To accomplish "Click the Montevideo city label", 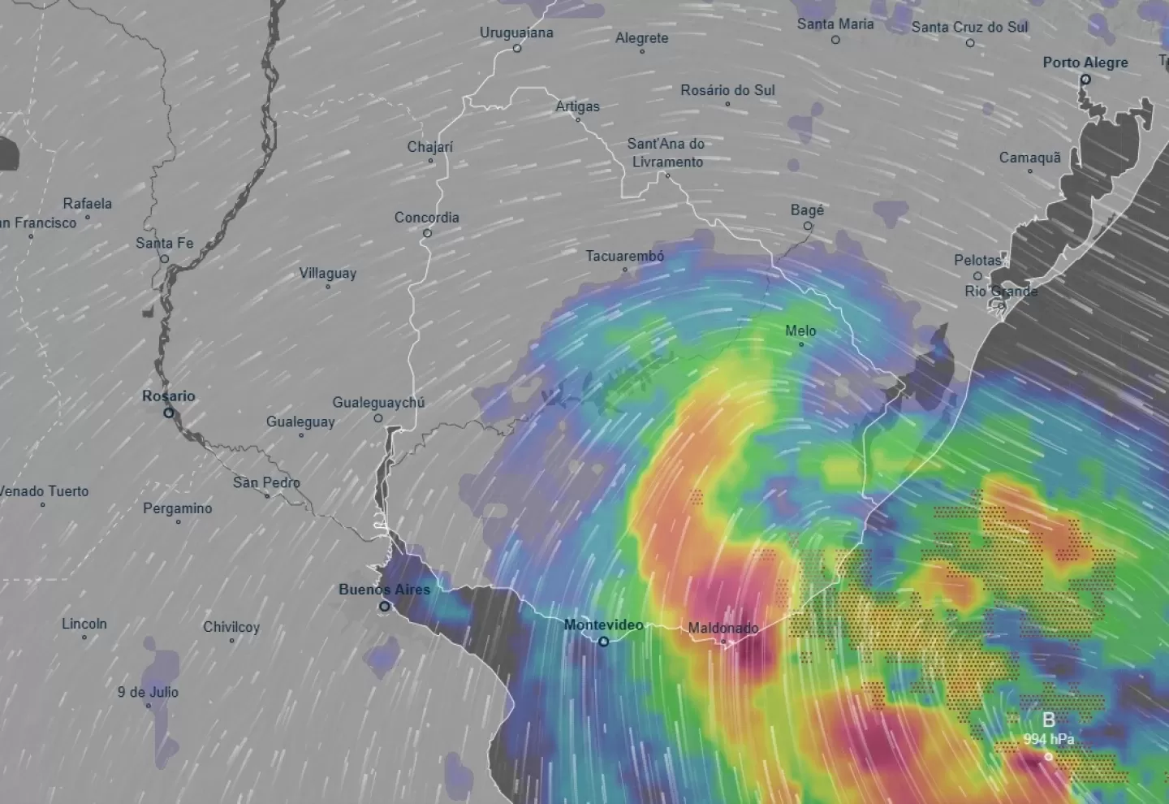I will pos(603,625).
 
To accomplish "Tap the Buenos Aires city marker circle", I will pos(385,606).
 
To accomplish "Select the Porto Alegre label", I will pos(1085,63).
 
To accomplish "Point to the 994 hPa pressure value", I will pos(1048,739).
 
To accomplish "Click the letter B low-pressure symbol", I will pos(1049,720).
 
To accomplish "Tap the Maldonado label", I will pos(723,628).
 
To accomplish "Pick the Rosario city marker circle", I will pos(169,413).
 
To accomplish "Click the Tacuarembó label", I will pos(625,256).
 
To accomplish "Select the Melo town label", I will pos(800,331).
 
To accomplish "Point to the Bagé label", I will pos(807,210).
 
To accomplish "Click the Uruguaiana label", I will pos(516,32).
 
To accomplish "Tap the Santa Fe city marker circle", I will pos(164,259).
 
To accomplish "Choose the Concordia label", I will pos(427,218).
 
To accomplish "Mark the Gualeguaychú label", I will pos(378,403).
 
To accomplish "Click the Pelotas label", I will pos(978,261).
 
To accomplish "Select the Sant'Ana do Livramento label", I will pos(666,153).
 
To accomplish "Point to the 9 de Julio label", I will pos(148,692).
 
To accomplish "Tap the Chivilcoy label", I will pos(231,627).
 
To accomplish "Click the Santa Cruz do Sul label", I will pos(969,27).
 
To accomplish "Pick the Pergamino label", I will pos(178,508).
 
